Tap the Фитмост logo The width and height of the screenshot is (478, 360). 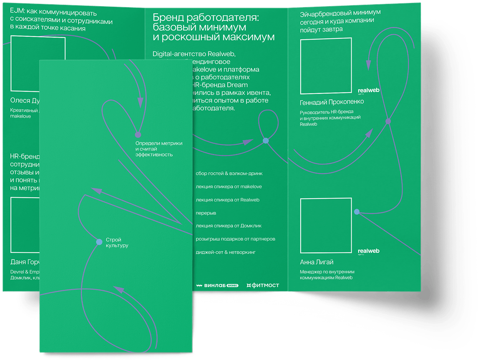click(x=263, y=285)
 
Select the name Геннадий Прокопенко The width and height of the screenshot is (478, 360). click(x=332, y=102)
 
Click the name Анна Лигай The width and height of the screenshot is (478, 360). click(x=317, y=262)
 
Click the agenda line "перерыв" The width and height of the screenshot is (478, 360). click(x=206, y=213)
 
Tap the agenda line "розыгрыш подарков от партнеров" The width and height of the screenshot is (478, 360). click(x=235, y=239)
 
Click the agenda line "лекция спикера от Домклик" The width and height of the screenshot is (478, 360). click(x=229, y=226)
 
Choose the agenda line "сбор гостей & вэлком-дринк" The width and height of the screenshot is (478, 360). click(x=229, y=173)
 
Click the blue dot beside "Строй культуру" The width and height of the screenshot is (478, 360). click(x=99, y=242)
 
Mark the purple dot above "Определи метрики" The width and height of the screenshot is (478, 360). click(x=138, y=135)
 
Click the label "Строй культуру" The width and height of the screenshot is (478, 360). click(x=117, y=243)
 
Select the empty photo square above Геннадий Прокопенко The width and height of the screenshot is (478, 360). click(x=326, y=66)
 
